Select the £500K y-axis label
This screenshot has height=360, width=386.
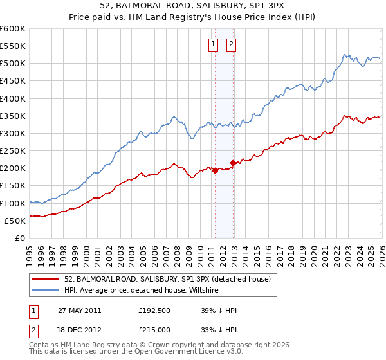coord(14,64)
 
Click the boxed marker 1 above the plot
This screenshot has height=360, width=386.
coord(213,44)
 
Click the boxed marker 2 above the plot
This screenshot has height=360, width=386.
coord(231,44)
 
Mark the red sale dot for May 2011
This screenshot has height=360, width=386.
coord(215,171)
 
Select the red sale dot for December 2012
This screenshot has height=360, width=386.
coord(233,163)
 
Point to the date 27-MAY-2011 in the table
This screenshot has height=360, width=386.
coord(79,310)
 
